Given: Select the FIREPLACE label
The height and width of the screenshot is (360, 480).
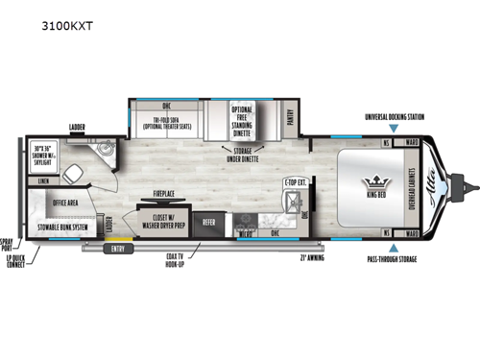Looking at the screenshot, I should tap(158, 194).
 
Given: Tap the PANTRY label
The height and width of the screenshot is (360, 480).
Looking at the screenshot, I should tap(291, 118).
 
